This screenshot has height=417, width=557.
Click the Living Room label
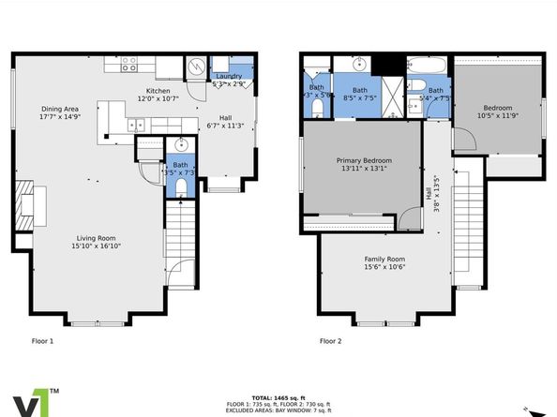coord(97,241)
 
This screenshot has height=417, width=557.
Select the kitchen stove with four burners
coord(128,65)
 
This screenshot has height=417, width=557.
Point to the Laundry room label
coord(229,79)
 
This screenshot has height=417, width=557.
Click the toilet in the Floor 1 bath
coord(182,186)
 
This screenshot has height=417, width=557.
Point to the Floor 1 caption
coord(43,341)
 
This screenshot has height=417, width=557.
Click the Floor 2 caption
coord(330,341)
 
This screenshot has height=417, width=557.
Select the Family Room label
coord(384,262)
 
